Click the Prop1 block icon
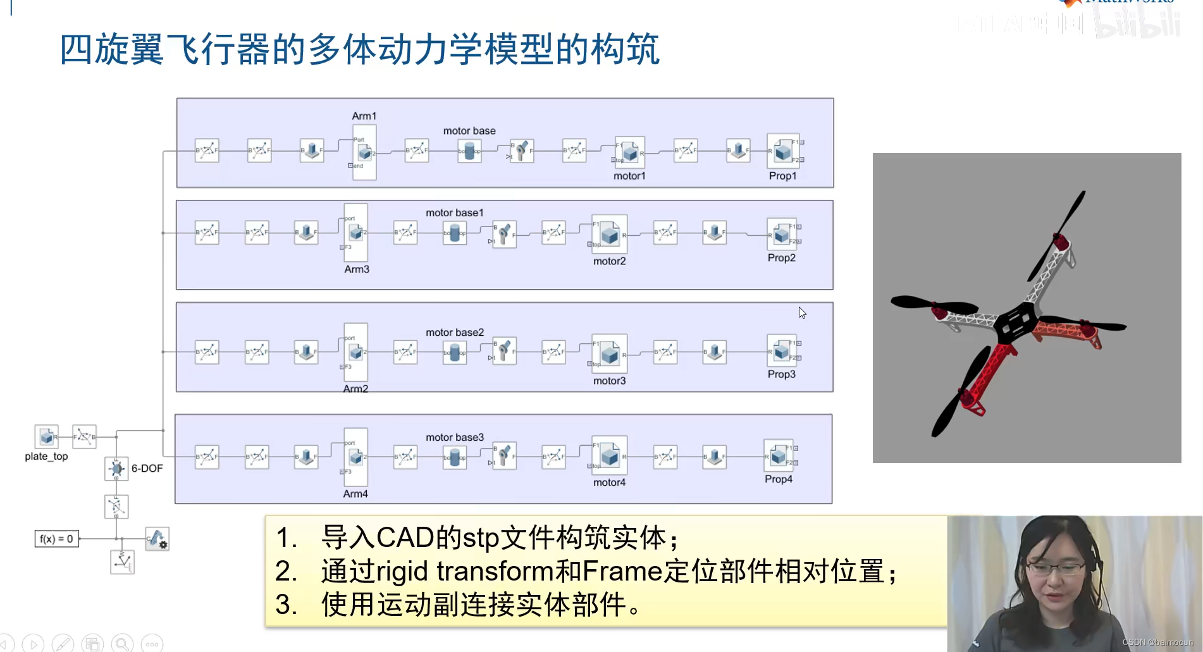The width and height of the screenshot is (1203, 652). [783, 151]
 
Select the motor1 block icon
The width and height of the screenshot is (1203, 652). [629, 152]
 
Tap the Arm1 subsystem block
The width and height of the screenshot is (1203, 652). [364, 152]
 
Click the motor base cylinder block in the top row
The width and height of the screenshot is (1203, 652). [469, 151]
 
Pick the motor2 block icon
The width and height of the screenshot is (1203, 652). [609, 235]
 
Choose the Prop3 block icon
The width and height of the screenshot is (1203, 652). [781, 350]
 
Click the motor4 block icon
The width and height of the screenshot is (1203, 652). [609, 455]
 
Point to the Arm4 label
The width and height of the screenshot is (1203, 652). [355, 494]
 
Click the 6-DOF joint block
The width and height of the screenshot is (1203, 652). [116, 469]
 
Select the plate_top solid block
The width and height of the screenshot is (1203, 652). [46, 436]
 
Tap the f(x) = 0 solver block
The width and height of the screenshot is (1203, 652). [56, 539]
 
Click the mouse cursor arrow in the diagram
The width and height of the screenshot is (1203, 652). [802, 312]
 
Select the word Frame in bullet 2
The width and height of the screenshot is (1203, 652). [622, 571]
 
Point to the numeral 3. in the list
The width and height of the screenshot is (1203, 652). [286, 605]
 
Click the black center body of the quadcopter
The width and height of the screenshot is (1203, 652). [1015, 323]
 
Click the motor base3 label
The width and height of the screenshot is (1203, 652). [454, 437]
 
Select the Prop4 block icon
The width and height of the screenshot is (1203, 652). [778, 455]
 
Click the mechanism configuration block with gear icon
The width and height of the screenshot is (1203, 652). [157, 539]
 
